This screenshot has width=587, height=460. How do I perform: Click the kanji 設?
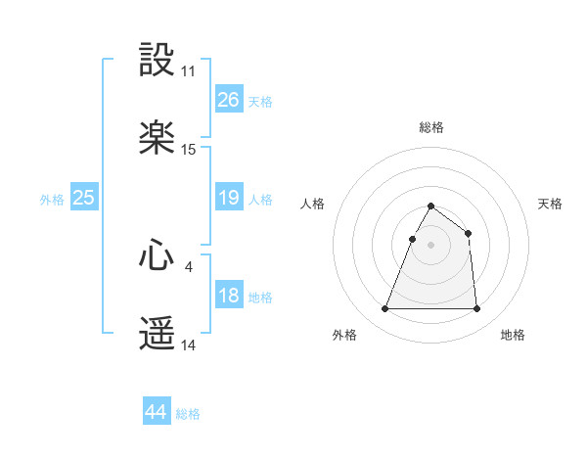[158, 61]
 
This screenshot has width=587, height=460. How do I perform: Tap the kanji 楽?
[158, 139]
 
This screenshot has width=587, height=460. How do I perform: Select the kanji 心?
[158, 255]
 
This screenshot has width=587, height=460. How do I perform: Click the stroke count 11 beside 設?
[188, 71]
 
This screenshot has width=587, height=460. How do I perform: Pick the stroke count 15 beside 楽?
[188, 150]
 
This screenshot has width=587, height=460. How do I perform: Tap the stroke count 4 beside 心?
[188, 266]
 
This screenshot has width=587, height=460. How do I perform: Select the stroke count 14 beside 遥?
[188, 345]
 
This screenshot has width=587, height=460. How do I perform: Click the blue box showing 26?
[229, 100]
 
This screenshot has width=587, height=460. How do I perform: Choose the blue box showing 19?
[229, 198]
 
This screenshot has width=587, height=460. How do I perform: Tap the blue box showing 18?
[229, 296]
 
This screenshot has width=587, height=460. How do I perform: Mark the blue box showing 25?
[84, 198]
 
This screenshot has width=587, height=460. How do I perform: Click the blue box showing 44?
[157, 412]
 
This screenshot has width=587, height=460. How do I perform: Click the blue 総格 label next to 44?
[188, 414]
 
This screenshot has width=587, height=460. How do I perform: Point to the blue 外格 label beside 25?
[52, 200]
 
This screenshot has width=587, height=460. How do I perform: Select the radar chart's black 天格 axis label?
[550, 204]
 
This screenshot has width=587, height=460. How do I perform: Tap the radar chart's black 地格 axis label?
[513, 336]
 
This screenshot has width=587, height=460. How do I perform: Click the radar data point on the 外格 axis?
[385, 309]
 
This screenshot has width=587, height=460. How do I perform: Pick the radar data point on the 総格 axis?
[431, 207]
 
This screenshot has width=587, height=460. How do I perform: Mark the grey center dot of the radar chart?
[431, 245]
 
